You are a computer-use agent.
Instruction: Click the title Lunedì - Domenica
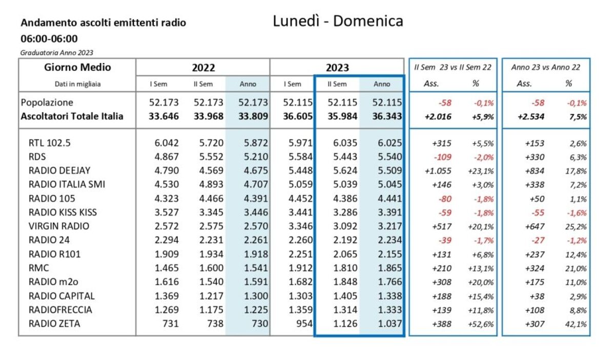(x=338, y=21)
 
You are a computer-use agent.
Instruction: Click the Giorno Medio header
(x=77, y=67)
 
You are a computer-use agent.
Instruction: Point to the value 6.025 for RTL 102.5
(x=389, y=143)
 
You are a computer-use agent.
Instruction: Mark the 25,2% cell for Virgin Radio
(x=577, y=226)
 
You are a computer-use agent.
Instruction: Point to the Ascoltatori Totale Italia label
(x=72, y=116)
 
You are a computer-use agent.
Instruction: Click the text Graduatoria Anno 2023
(x=57, y=52)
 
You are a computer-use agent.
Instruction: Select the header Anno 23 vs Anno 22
(x=546, y=67)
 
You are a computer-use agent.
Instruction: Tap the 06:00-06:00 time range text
(x=49, y=38)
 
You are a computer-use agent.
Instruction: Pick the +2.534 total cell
(x=533, y=116)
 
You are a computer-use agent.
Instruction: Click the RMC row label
(x=37, y=268)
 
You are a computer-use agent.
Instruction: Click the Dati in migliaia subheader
(x=77, y=84)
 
